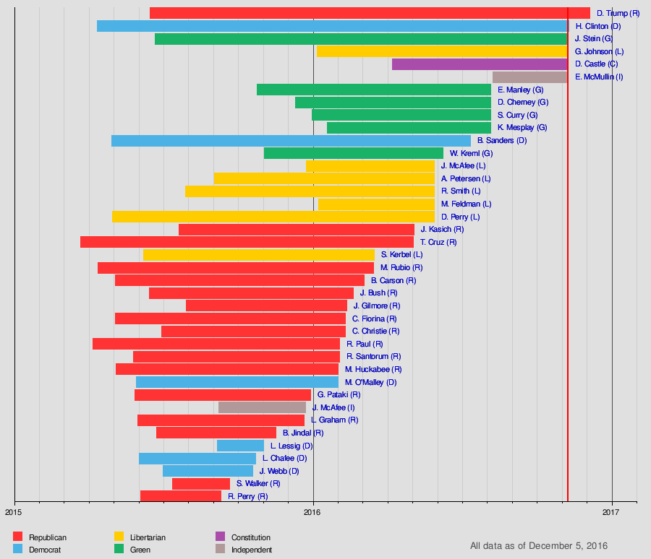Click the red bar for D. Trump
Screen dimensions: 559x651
[x=369, y=13]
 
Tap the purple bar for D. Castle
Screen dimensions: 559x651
[x=479, y=64]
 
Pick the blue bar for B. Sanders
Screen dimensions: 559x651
[x=291, y=141]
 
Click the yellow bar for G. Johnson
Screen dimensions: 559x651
[x=441, y=51]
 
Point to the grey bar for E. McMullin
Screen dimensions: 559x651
[x=529, y=77]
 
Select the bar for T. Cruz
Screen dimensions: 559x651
[x=247, y=242]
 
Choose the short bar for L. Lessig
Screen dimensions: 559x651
[x=240, y=446]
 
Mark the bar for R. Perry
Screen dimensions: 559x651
[x=180, y=496]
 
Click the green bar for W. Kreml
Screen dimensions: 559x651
[x=353, y=153]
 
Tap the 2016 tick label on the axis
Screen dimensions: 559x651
[x=313, y=513]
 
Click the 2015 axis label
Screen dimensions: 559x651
[x=14, y=513]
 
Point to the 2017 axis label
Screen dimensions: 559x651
[x=612, y=513]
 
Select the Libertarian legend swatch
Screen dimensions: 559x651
[x=119, y=537]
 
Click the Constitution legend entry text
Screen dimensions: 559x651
[x=250, y=537]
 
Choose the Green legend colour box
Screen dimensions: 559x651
[x=119, y=550]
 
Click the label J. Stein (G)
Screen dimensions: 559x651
[x=593, y=38]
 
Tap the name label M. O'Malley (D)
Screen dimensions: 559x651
[x=370, y=382]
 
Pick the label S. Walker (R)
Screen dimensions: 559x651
[x=258, y=484]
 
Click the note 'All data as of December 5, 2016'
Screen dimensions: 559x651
[x=538, y=546]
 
